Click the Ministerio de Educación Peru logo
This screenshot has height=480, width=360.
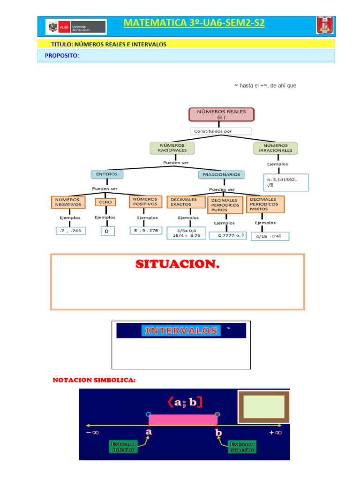coord(76,26)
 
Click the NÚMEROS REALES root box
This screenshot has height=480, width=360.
coord(221,114)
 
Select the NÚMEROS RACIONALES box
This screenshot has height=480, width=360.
coord(172,148)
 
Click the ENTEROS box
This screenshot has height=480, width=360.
coord(107,174)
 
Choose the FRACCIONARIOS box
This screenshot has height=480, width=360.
coord(222,174)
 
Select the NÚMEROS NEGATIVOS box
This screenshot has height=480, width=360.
coord(68,202)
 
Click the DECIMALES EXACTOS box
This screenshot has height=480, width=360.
coord(184,202)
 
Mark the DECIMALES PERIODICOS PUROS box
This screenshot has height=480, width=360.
coord(225,205)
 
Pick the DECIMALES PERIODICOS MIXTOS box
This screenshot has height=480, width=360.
coord(265,204)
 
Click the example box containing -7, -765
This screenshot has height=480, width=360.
coord(71,231)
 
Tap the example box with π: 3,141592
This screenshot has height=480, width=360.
coord(286,182)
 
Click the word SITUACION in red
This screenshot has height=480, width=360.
coord(177,264)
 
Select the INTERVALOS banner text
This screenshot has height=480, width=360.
coord(181,330)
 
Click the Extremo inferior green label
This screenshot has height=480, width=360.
coord(123,446)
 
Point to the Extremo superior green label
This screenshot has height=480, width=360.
coord(242,447)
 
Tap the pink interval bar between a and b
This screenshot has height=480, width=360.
coord(183,419)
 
